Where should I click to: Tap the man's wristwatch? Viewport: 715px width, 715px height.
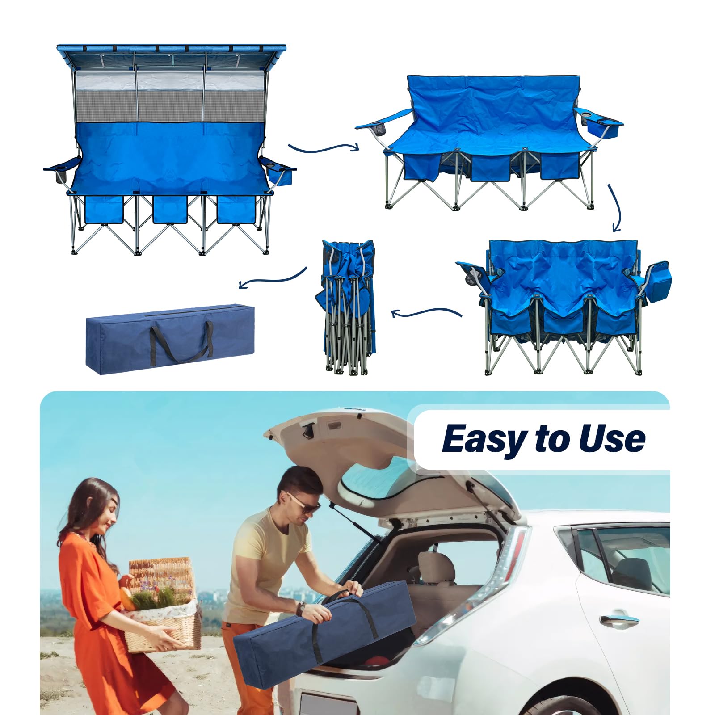tap(302, 608)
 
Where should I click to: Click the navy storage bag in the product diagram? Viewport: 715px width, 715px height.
tap(170, 339)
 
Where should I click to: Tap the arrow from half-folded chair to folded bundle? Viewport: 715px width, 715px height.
tap(427, 312)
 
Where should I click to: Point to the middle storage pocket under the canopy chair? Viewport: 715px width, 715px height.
tap(170, 209)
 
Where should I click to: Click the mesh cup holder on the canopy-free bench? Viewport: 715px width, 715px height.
tap(378, 130)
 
